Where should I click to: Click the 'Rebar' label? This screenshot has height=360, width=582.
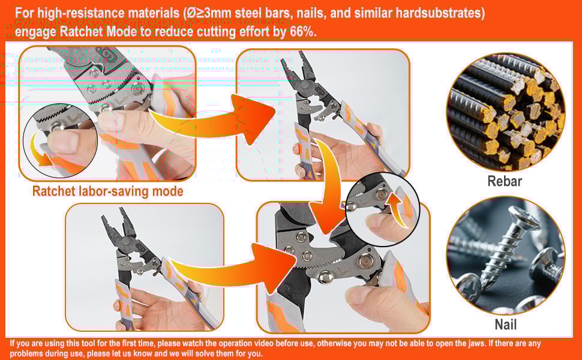(x=505, y=181)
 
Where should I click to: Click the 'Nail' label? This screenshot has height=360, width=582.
(x=505, y=325)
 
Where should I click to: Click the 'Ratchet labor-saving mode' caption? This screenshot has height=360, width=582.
(x=107, y=191)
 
